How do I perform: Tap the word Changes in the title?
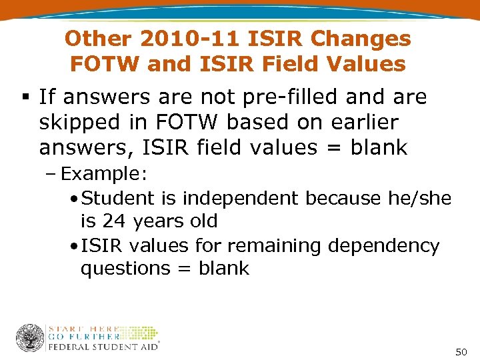point(361,39)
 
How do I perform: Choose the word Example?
point(104,174)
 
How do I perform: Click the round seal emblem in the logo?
point(30,338)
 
